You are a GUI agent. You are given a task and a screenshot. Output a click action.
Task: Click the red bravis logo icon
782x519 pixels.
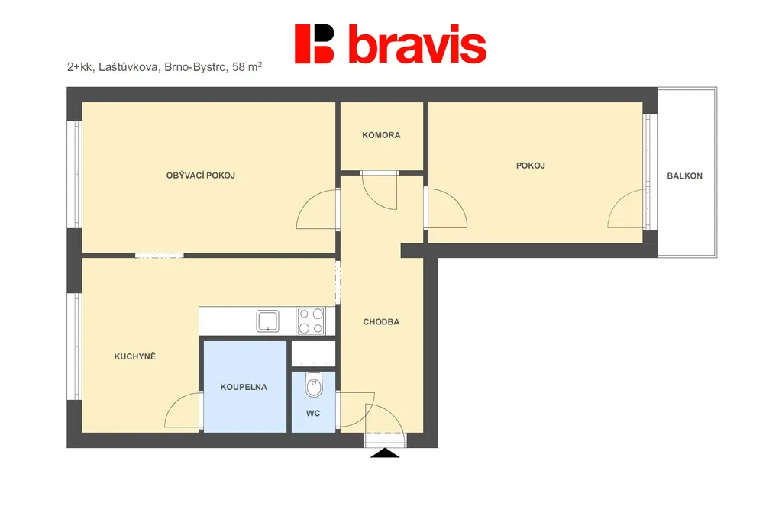click(314, 44)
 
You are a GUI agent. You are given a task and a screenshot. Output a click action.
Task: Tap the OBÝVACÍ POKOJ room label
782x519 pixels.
click(201, 176)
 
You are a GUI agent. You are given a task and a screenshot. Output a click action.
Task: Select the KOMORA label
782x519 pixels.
click(381, 135)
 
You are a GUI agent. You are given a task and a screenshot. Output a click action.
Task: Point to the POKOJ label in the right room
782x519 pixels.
click(530, 166)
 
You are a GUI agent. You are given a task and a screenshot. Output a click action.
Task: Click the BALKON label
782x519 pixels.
click(684, 176)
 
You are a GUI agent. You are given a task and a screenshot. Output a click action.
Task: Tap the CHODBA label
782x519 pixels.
click(381, 322)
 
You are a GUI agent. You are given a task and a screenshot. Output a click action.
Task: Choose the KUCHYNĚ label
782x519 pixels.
click(134, 356)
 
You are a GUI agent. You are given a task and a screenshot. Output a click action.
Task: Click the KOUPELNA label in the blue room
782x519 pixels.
click(244, 387)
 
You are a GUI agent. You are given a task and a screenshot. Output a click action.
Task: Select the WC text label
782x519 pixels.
click(312, 414)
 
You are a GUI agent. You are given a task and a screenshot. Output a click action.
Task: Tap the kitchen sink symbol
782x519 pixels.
click(268, 321)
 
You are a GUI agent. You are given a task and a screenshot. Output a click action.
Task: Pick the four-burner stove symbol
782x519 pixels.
click(311, 321)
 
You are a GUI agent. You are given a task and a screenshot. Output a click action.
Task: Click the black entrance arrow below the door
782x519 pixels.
click(385, 453)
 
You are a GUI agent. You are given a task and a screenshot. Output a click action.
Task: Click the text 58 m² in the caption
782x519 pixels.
click(247, 66)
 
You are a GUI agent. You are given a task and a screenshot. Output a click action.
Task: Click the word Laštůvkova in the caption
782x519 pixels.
click(128, 67)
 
